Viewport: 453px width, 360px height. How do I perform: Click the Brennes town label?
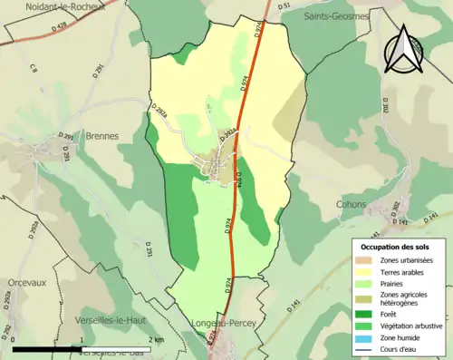pos(101,136)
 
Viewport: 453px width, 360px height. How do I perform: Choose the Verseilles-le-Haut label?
pos(114,320)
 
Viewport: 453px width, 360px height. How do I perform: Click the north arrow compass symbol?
pos(405,47)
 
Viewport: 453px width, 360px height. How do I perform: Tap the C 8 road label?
pos(34,67)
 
